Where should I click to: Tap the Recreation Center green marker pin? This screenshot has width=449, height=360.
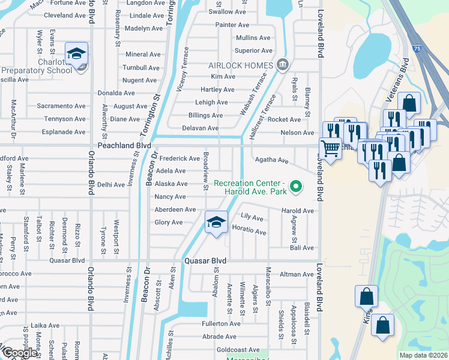(x=295, y=188)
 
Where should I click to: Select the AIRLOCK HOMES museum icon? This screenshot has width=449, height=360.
(x=282, y=65)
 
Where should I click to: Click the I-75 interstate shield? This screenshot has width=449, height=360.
(x=418, y=47)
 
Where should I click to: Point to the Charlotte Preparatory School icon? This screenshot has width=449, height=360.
(x=77, y=55)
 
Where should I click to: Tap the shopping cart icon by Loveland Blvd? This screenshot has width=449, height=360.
(x=330, y=148)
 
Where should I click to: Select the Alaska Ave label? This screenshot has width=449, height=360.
(x=172, y=184)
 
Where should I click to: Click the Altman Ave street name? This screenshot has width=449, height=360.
(x=297, y=274)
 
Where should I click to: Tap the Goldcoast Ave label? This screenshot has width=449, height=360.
(x=238, y=350)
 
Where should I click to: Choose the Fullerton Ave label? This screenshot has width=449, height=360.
(x=221, y=323)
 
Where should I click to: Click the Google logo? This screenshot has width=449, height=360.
(x=19, y=353)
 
